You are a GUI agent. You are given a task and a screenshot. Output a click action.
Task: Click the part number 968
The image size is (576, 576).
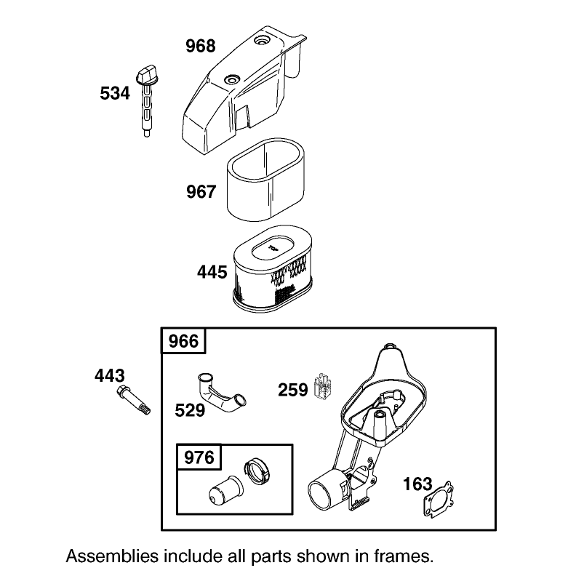tap(200, 47)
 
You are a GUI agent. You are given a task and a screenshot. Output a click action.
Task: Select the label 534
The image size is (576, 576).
tap(115, 93)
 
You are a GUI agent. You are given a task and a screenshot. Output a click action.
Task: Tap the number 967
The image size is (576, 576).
tap(201, 192)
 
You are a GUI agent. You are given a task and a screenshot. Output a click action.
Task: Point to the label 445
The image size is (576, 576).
tap(212, 272)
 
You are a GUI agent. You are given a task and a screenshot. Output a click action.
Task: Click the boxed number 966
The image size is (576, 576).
tap(183, 341)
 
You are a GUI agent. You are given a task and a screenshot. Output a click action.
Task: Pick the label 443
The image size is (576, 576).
tap(110, 376)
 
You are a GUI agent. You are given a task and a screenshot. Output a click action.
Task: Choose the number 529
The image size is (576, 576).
tap(190, 410)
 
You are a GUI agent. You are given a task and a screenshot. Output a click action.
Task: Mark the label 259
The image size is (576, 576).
tap(293, 390)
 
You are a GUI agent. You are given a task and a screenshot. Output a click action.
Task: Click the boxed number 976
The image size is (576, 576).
tap(199, 457)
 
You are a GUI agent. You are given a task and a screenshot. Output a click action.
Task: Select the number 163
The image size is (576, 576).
tap(417, 484)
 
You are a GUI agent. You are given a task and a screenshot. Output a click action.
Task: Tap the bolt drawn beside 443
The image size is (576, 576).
tap(134, 401)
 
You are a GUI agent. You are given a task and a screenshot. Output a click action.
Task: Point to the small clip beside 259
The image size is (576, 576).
tap(323, 385)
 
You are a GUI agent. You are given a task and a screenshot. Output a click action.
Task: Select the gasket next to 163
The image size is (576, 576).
tap(439, 499)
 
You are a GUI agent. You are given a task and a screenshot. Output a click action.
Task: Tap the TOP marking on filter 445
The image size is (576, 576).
tap(273, 249)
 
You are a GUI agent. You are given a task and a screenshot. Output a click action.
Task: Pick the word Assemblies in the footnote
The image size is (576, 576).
tap(113, 557)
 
